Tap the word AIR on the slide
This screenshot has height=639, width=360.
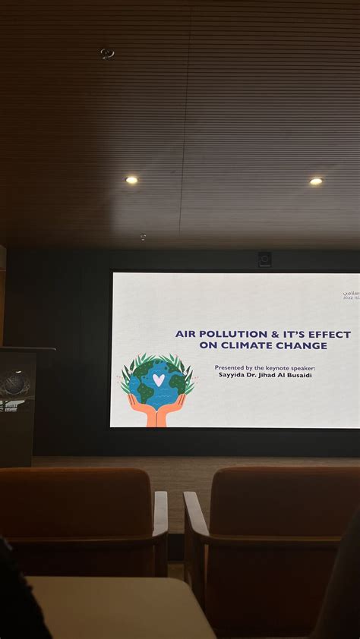coord(186,334)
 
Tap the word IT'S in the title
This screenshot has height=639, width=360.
coord(289,334)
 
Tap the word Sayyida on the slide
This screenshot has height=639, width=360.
coord(232,374)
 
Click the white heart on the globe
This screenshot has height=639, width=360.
coord(158,379)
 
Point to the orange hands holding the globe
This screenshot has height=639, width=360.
coord(156,412)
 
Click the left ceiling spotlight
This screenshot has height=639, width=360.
coord(131,180)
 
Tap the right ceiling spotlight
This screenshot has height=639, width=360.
coord(316,181)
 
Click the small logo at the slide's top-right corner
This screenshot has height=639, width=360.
coord(350,295)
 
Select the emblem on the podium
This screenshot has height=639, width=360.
coord(15,383)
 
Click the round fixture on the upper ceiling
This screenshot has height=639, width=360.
coord(106,53)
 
